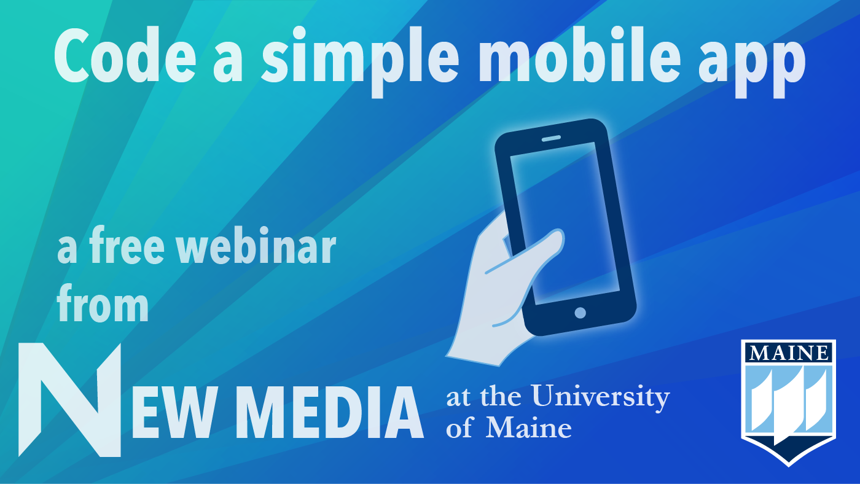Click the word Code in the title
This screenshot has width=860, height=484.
125,55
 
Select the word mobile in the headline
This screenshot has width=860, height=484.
579,55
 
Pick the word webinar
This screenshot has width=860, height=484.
256,245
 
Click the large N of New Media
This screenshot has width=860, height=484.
69,400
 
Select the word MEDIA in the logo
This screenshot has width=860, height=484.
330,412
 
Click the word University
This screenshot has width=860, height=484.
601,397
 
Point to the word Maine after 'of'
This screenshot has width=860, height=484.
529,427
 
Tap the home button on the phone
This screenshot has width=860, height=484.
580,313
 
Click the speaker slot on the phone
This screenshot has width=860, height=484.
551,139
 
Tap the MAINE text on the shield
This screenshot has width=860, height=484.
789,353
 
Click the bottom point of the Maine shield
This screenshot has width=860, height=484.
789,466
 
